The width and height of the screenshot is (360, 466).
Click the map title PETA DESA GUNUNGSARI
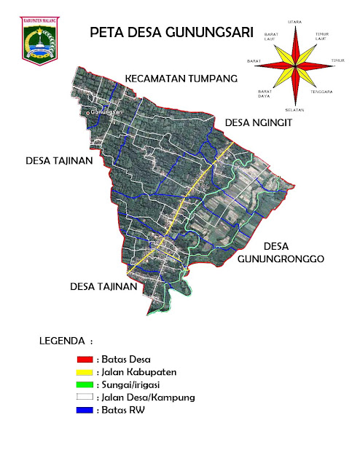[171, 32]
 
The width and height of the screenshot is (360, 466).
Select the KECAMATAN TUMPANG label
[181, 78]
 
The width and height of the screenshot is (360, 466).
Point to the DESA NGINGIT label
[258, 123]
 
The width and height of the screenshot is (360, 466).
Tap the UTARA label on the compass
[295, 23]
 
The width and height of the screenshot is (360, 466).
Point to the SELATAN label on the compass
[295, 108]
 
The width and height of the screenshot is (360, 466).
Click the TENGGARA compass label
[321, 92]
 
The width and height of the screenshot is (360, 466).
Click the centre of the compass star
[295, 66]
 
